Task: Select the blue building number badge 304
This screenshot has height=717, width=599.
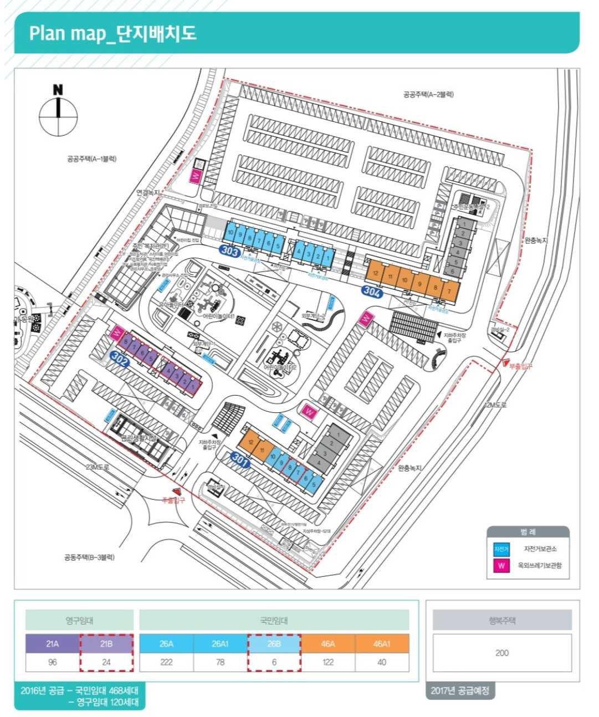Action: pyautogui.click(x=371, y=291)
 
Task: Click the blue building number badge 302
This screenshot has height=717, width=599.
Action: pyautogui.click(x=119, y=357)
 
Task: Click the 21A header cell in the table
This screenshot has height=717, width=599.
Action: pyautogui.click(x=53, y=644)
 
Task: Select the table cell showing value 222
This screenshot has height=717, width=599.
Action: pyautogui.click(x=166, y=662)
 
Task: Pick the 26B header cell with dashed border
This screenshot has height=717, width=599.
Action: pyautogui.click(x=274, y=644)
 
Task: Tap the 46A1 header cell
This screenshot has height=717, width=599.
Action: pyautogui.click(x=382, y=644)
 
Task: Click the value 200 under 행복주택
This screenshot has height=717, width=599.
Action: pyautogui.click(x=502, y=653)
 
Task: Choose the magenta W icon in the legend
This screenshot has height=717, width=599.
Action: pyautogui.click(x=501, y=566)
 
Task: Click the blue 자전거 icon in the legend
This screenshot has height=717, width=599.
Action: pyautogui.click(x=501, y=549)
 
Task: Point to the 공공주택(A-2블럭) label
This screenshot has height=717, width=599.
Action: pyautogui.click(x=428, y=95)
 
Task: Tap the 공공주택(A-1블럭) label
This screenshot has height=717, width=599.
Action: pyautogui.click(x=91, y=159)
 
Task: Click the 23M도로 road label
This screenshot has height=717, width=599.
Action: pyautogui.click(x=98, y=467)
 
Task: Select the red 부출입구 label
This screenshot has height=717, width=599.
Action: pyautogui.click(x=520, y=366)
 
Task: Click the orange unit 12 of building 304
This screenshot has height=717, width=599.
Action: pyautogui.click(x=376, y=273)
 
